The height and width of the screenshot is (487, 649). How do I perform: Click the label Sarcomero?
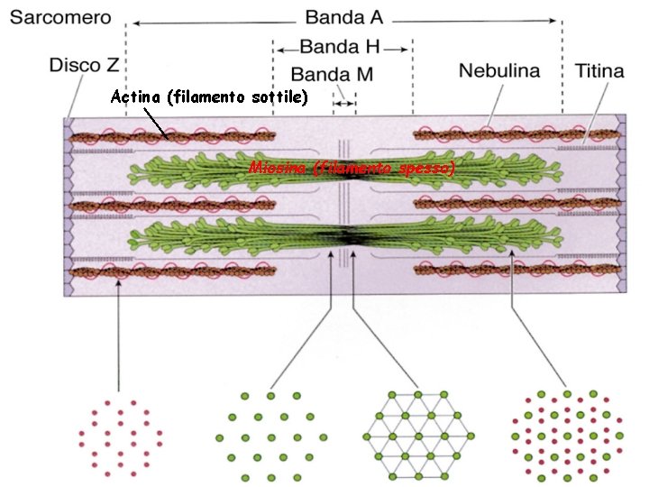pos(60,17)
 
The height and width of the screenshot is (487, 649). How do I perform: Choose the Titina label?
pos(599,69)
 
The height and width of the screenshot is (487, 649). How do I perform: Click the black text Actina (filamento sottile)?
pos(208,97)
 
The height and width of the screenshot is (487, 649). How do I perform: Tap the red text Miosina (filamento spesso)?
pos(352,168)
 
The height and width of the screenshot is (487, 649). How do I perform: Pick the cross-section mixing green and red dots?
pos(565,436)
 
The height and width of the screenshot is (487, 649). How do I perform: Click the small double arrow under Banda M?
pos(344,104)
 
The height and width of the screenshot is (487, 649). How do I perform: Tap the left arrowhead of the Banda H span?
pos(279,48)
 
